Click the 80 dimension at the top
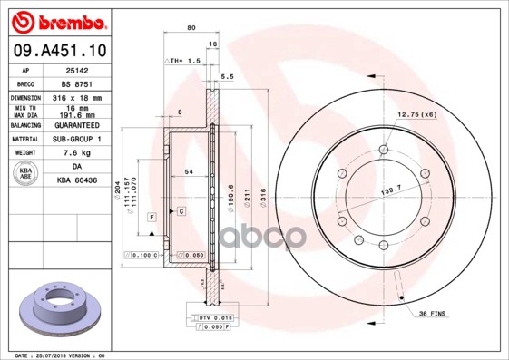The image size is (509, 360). click(x=191, y=28)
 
